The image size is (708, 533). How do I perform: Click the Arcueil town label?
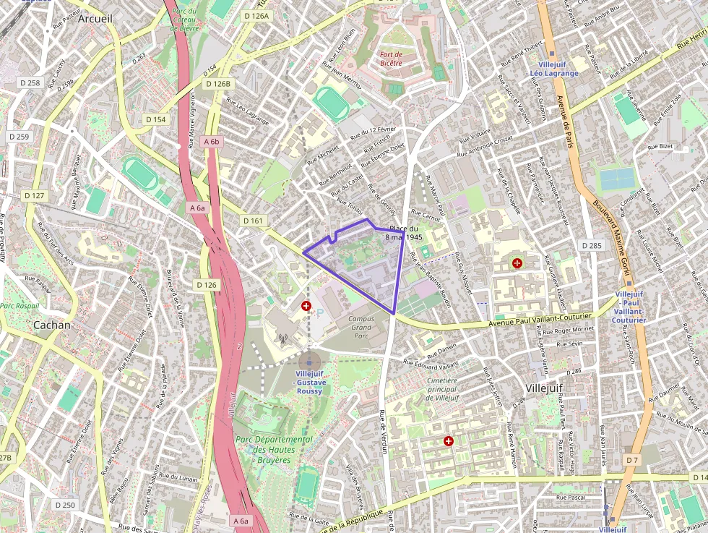95,19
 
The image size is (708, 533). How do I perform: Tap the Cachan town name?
52,325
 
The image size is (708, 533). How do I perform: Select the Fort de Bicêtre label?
391,59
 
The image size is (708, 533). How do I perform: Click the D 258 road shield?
30,83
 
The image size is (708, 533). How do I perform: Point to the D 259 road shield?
19,137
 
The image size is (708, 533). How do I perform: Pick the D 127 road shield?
34,195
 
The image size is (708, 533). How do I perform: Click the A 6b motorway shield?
211,142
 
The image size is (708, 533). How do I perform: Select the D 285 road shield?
591,246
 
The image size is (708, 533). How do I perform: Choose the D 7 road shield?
632,460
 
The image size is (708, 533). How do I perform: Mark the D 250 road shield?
64,505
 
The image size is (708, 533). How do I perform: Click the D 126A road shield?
256,16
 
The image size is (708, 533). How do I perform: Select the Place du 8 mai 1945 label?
404,233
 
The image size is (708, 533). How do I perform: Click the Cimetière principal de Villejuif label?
442,389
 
